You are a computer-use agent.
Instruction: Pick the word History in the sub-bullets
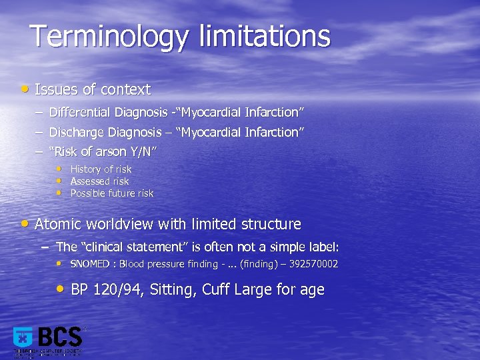click(x=85, y=169)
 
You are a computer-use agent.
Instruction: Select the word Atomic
click(x=57, y=224)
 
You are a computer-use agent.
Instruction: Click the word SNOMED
click(x=91, y=264)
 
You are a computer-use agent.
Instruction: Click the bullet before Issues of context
click(x=25, y=88)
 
